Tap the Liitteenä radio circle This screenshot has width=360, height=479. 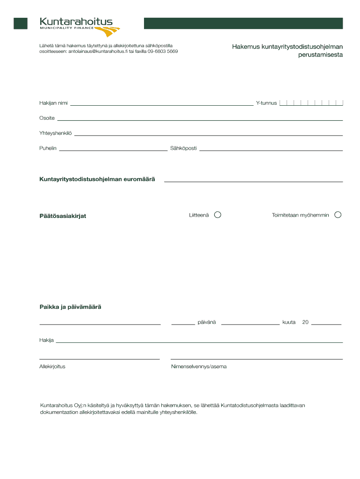coord(217,215)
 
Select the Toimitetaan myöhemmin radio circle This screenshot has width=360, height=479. coord(338,215)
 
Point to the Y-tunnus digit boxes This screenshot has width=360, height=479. coord(311,103)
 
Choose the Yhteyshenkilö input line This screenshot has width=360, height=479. coord(209,135)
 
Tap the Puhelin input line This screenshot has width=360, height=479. coord(113,150)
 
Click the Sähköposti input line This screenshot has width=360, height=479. coord(271,150)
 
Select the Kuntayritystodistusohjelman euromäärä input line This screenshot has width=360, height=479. coord(253,181)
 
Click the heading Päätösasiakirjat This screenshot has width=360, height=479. coord(63,216)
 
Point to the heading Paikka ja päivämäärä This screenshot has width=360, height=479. coord(70,307)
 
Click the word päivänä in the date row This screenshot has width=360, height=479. coord(207,322)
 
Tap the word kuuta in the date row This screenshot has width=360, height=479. coord(289,322)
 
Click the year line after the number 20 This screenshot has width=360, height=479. coord(326,324)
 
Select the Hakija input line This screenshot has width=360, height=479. coord(199,342)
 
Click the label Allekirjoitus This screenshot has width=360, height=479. coord(52,367)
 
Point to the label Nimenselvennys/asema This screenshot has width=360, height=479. coord(199,367)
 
